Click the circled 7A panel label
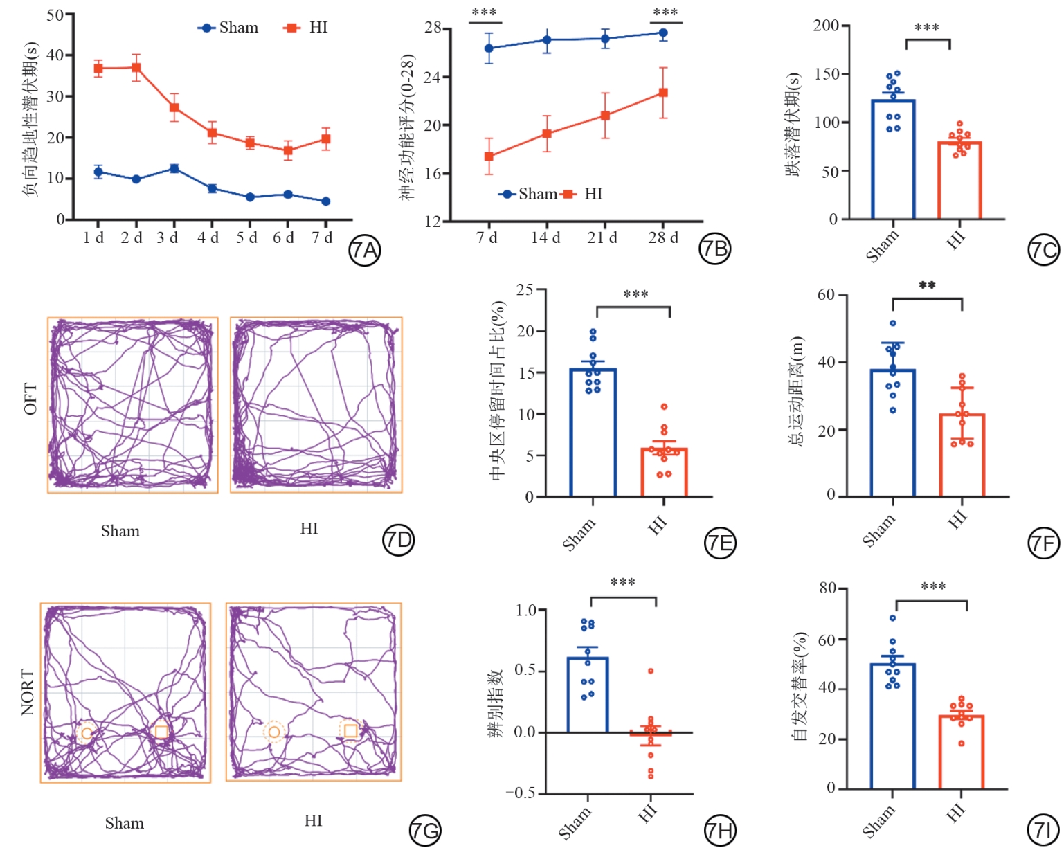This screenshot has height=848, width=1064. click(x=364, y=251)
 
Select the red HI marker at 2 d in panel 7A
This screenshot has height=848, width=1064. click(x=136, y=68)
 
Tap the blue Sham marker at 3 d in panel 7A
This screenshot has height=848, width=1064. click(x=174, y=168)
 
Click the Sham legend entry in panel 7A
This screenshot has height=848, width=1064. click(x=229, y=28)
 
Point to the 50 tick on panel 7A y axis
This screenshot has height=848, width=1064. click(x=55, y=15)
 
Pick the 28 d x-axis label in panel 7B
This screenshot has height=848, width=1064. click(x=662, y=238)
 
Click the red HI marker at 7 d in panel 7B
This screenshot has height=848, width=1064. click(x=489, y=156)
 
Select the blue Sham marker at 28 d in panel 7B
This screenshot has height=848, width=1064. click(x=663, y=33)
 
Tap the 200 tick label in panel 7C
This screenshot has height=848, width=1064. click(x=826, y=26)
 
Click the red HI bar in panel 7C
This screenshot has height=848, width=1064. click(x=960, y=181)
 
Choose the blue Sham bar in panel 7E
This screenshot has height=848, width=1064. click(x=593, y=433)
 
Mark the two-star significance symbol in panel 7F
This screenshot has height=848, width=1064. click(x=927, y=285)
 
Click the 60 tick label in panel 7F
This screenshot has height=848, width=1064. click(x=826, y=295)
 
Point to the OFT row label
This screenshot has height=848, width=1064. click(x=30, y=399)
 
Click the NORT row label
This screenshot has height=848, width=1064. click(x=28, y=692)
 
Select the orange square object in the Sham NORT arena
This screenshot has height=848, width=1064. click(x=161, y=732)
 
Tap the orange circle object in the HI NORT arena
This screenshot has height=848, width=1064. click(x=274, y=732)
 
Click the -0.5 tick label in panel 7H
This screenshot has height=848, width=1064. click(x=520, y=793)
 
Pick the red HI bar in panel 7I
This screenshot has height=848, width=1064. click(x=962, y=752)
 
